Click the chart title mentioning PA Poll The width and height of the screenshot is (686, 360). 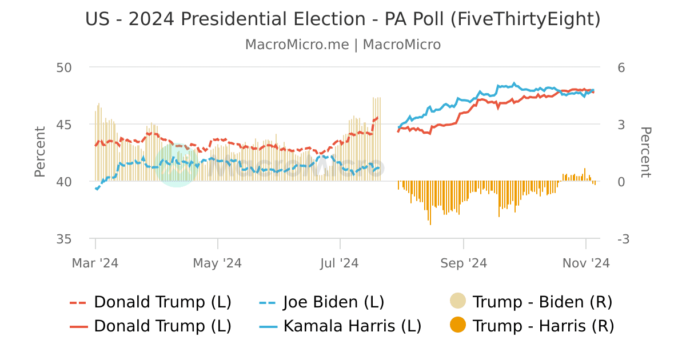(x=343, y=19)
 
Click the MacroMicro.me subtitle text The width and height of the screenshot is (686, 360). (x=343, y=45)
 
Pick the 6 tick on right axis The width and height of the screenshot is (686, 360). (x=621, y=67)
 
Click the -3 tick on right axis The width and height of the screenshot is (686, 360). (x=623, y=239)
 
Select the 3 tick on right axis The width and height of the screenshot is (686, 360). (x=621, y=125)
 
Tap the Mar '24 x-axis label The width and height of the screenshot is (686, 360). (x=95, y=263)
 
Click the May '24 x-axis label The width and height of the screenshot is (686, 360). (x=217, y=263)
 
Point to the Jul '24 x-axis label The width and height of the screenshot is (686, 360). (x=340, y=263)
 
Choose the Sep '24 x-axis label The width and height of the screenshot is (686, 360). (x=463, y=263)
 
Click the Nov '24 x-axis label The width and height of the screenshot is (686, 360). (x=586, y=263)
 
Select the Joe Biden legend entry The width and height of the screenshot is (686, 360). (x=333, y=302)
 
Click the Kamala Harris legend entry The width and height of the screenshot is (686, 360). (x=352, y=326)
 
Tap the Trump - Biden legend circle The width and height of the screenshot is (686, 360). (x=458, y=301)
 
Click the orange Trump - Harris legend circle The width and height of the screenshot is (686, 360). (x=458, y=326)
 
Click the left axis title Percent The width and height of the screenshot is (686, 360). (x=39, y=151)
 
